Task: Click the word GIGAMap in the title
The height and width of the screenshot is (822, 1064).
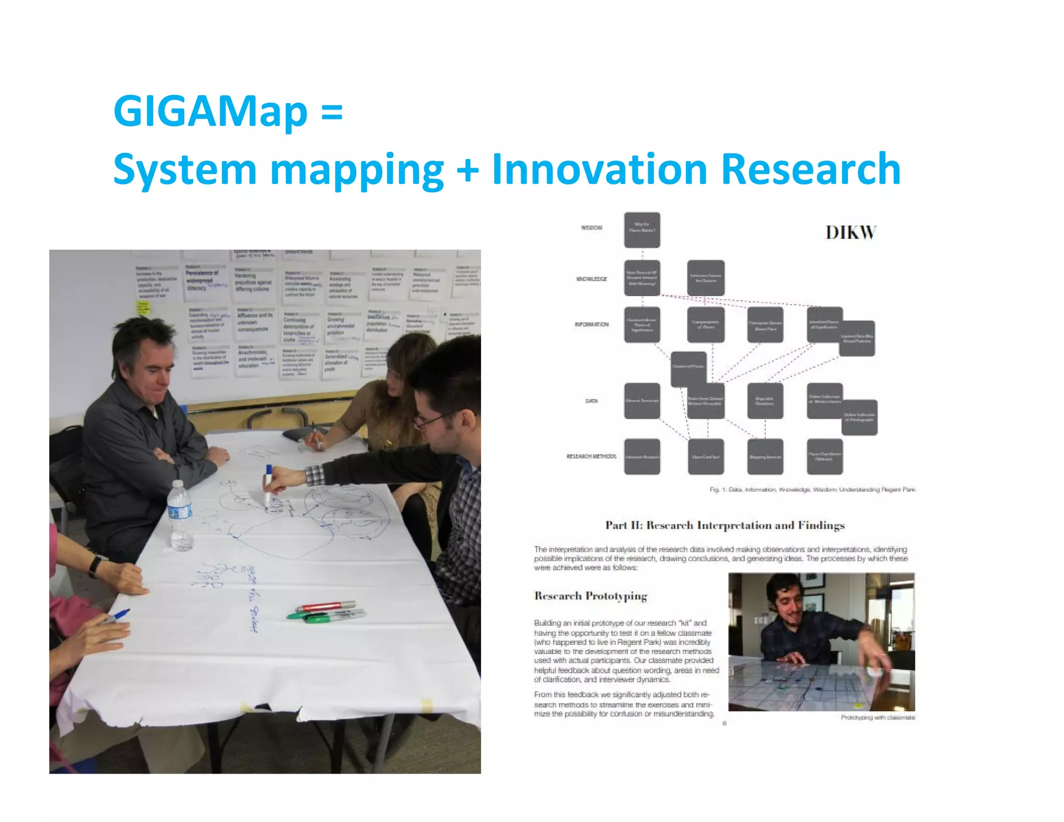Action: (210, 111)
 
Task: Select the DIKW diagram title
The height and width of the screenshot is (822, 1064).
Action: (851, 232)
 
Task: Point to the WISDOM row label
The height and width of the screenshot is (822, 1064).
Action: (591, 228)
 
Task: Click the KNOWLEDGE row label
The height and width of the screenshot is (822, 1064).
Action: (591, 279)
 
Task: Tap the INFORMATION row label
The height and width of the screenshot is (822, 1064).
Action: (591, 324)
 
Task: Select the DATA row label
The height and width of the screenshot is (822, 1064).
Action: (591, 401)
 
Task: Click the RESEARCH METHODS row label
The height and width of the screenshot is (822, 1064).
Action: (591, 456)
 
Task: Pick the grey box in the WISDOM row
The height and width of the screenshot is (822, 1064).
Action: (642, 230)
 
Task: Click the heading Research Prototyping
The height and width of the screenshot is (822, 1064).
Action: (591, 596)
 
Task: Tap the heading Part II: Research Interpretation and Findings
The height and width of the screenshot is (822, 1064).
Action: (725, 525)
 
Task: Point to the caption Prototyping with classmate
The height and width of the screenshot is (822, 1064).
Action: (877, 718)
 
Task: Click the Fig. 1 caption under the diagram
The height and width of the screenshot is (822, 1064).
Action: (812, 489)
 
